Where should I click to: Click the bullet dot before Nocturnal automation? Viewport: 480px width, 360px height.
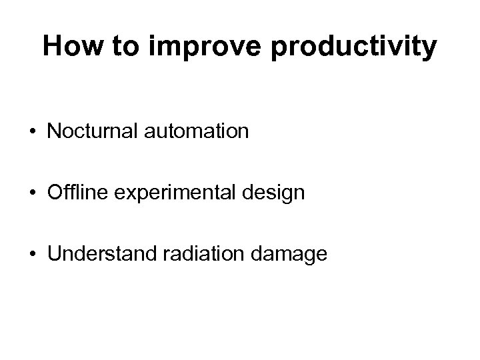(31, 131)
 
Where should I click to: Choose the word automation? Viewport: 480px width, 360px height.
(194, 131)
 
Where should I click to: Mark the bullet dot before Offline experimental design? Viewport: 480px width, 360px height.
(31, 193)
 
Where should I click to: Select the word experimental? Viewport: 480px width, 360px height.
(172, 193)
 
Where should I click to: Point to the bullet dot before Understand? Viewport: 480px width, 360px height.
(31, 254)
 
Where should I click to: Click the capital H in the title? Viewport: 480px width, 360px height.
(51, 47)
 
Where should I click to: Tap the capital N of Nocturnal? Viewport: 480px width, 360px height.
(53, 131)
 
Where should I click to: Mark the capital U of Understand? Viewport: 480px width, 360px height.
(53, 253)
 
